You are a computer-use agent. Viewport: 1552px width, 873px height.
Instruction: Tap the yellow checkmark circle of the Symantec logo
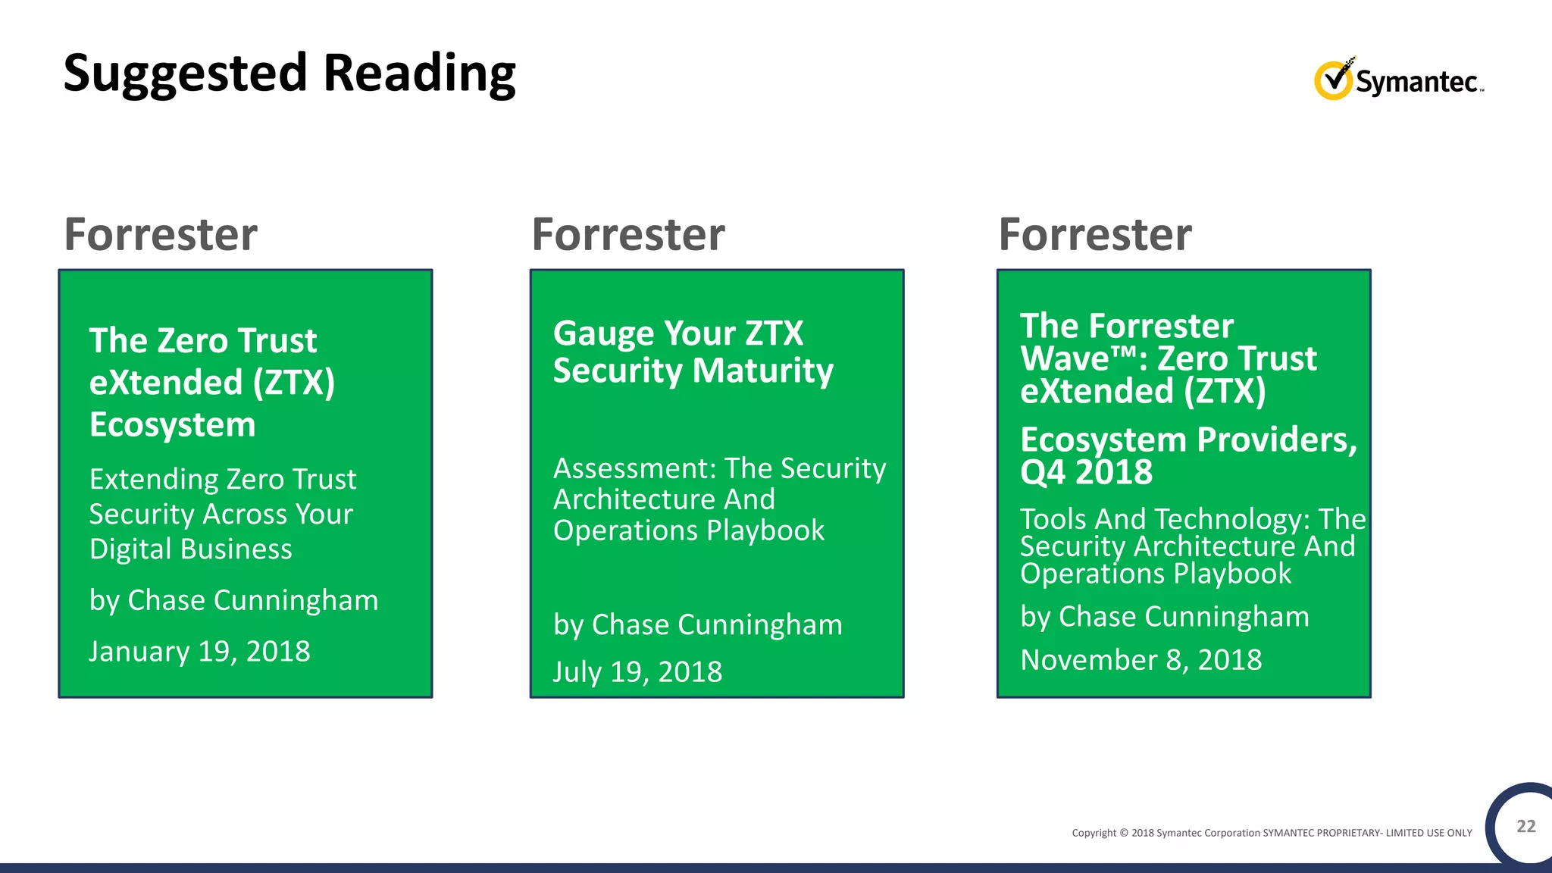click(1332, 80)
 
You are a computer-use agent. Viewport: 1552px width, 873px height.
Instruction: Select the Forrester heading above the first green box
click(161, 234)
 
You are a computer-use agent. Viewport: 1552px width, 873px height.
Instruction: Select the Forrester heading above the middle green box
click(628, 234)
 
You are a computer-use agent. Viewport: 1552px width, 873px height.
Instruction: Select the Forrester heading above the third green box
click(1095, 234)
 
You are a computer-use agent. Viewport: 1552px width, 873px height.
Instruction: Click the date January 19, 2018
click(199, 652)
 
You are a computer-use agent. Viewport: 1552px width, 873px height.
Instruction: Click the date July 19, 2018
click(637, 672)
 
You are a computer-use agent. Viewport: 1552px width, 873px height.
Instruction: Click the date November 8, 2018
click(1141, 660)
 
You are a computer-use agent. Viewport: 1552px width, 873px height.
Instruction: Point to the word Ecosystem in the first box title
click(173, 424)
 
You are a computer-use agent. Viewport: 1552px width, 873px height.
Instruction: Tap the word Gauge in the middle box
click(603, 333)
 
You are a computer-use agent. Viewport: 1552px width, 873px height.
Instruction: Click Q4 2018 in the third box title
click(1086, 472)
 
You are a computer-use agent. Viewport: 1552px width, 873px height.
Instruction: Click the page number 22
click(1525, 826)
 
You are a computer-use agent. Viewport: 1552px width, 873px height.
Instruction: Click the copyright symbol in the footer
click(1124, 833)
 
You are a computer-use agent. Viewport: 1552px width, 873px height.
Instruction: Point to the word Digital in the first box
click(124, 549)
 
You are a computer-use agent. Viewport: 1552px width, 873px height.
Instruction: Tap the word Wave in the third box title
click(1064, 358)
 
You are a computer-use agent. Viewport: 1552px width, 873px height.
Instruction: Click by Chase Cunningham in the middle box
click(697, 625)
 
